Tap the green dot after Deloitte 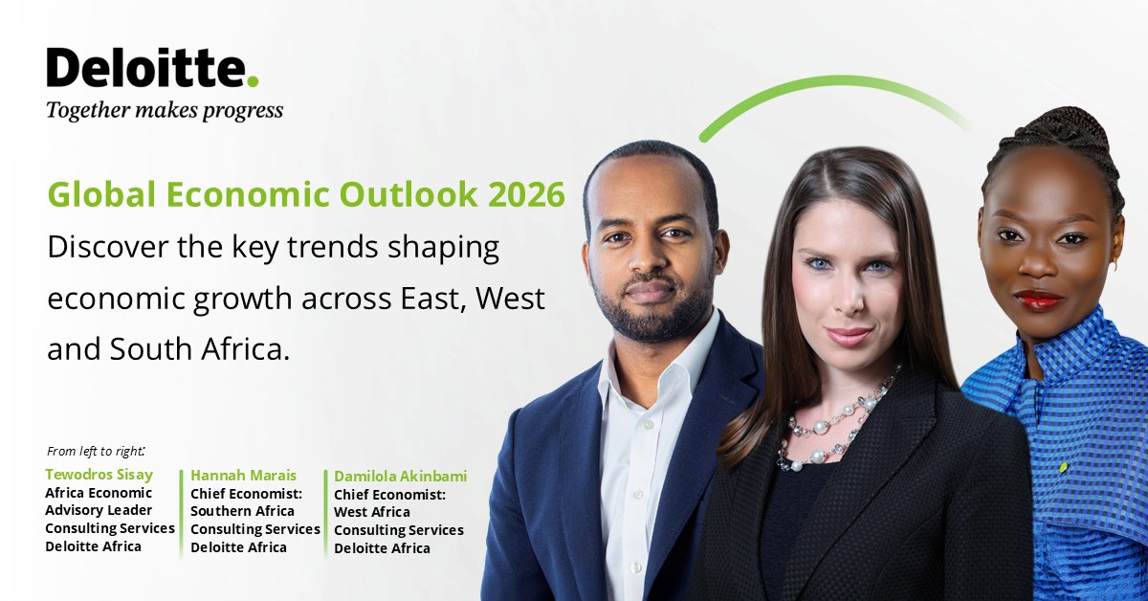coord(253,81)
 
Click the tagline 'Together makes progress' coord(165,110)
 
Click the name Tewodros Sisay coord(99,475)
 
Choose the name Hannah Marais coord(243,475)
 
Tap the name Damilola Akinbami coord(400,476)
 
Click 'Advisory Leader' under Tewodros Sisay coord(98,510)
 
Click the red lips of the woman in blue coord(1038,300)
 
